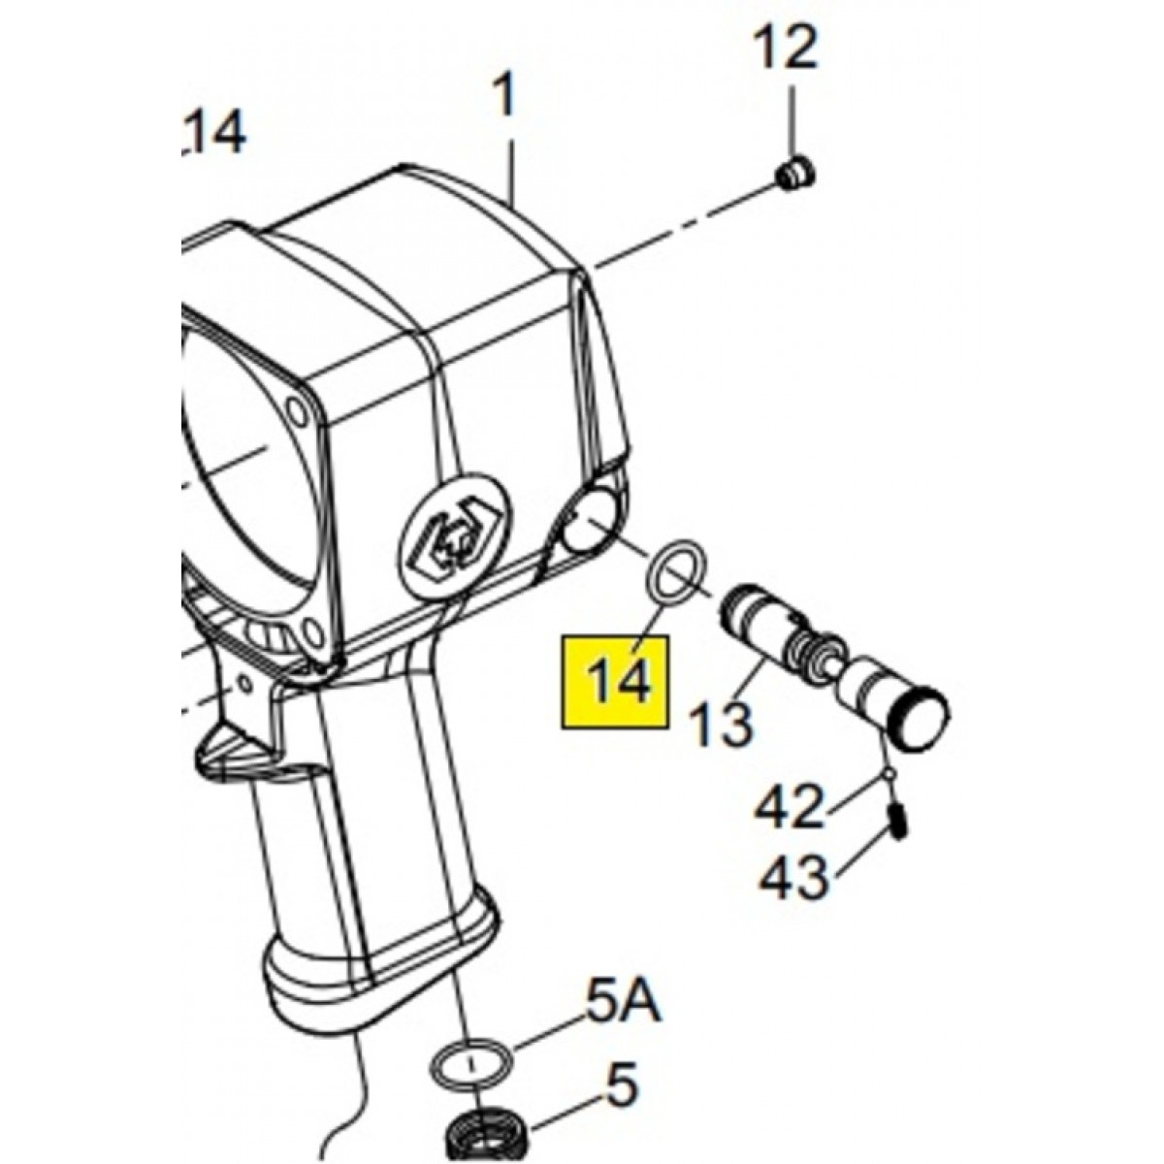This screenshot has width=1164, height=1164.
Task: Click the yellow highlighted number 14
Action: (x=620, y=681)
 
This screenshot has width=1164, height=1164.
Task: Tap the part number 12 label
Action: (x=786, y=50)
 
